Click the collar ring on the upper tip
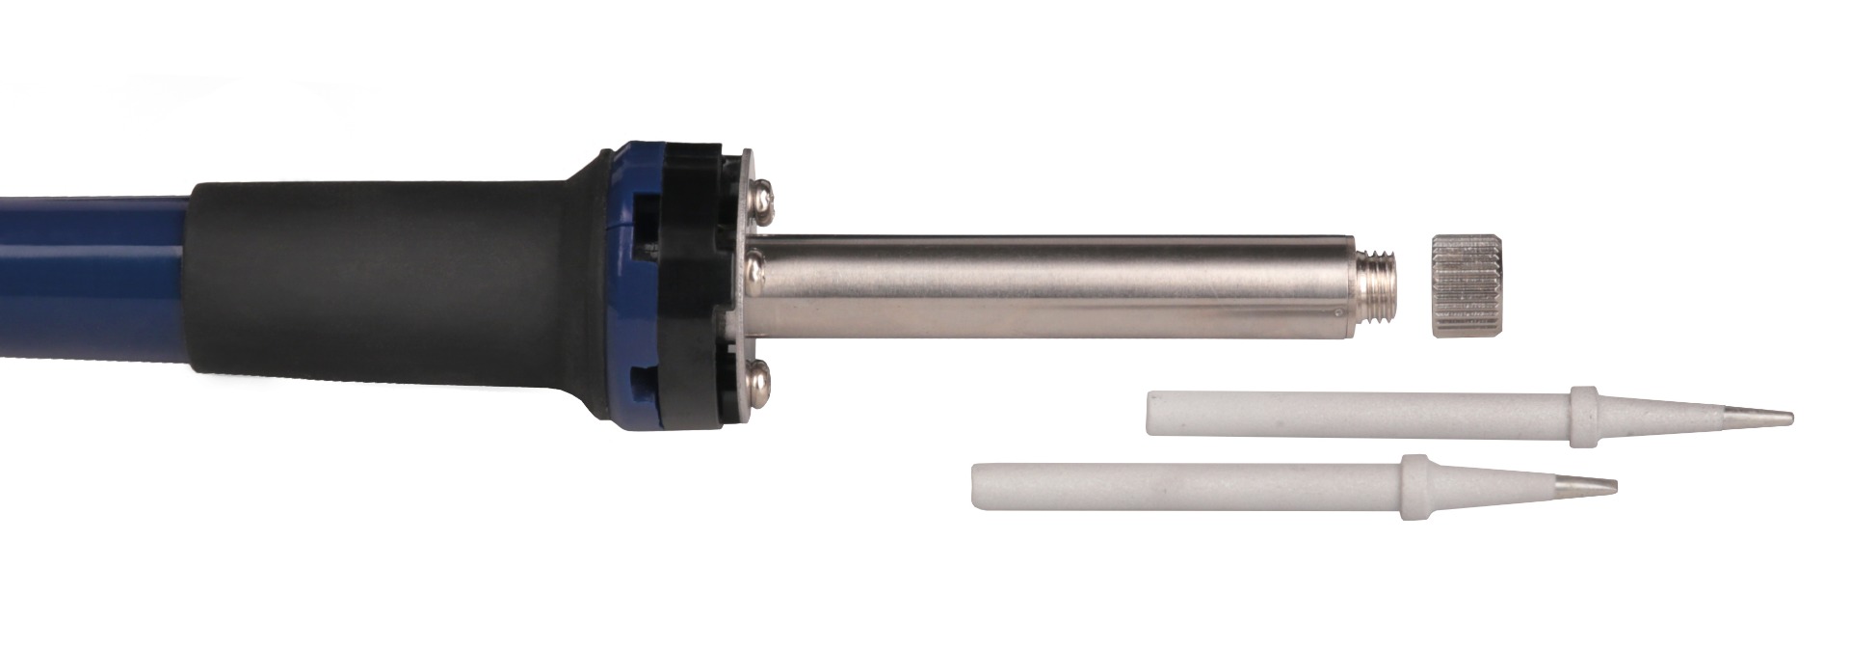[x=1580, y=417]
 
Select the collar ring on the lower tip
[x=1414, y=488]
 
